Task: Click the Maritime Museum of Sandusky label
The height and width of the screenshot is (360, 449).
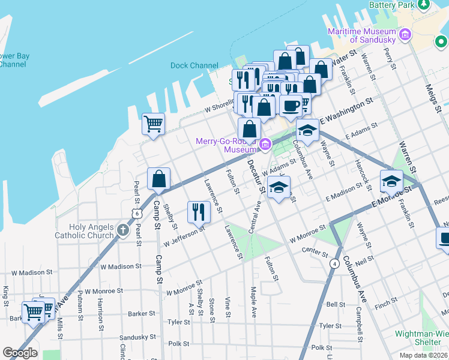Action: pyautogui.click(x=363, y=35)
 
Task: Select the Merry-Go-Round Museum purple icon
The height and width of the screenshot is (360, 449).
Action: pyautogui.click(x=265, y=144)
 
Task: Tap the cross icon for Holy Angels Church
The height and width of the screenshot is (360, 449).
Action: pyautogui.click(x=123, y=230)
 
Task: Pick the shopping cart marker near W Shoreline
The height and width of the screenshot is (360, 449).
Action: pyautogui.click(x=153, y=124)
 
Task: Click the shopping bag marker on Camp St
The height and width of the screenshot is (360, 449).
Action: pyautogui.click(x=158, y=179)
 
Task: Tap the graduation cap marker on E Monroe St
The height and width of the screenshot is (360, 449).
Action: pyautogui.click(x=391, y=181)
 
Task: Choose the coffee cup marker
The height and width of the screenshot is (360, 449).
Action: pyautogui.click(x=291, y=106)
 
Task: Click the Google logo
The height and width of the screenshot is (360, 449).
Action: pyautogui.click(x=20, y=353)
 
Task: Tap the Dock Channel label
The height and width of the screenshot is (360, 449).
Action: pyautogui.click(x=194, y=65)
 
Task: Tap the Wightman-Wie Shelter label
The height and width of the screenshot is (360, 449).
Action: pyautogui.click(x=421, y=338)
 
